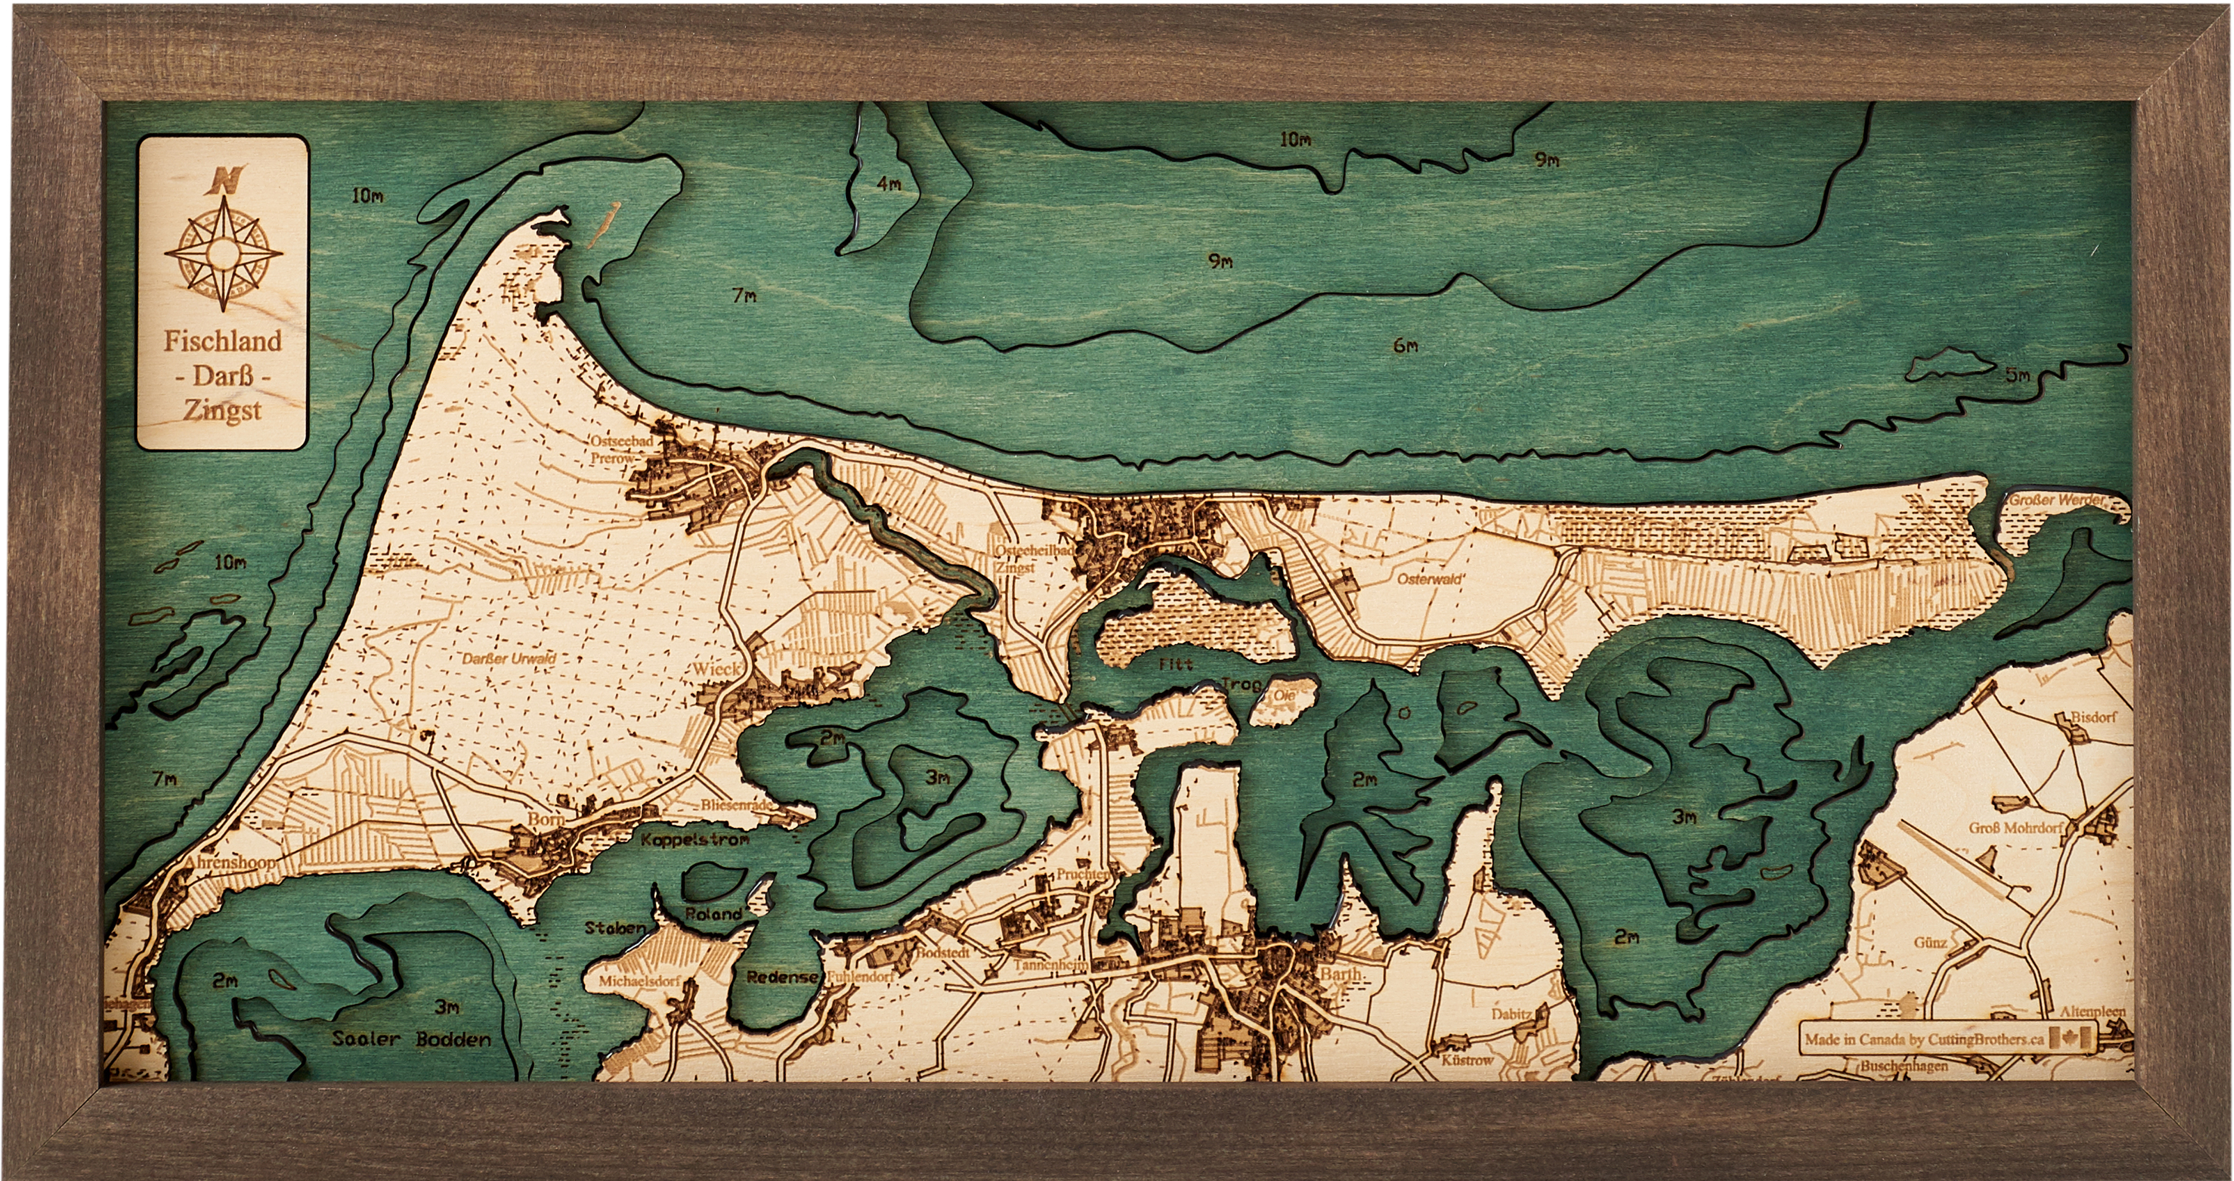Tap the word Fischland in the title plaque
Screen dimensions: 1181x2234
[x=223, y=341]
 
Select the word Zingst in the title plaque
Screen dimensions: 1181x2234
[x=222, y=410]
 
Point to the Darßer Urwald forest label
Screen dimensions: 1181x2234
[x=509, y=658]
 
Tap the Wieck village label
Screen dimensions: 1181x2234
[x=717, y=670]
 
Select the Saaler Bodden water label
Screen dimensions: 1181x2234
[x=411, y=1039]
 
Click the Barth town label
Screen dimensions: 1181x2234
[x=1340, y=974]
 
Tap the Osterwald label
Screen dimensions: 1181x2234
[x=1430, y=578]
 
